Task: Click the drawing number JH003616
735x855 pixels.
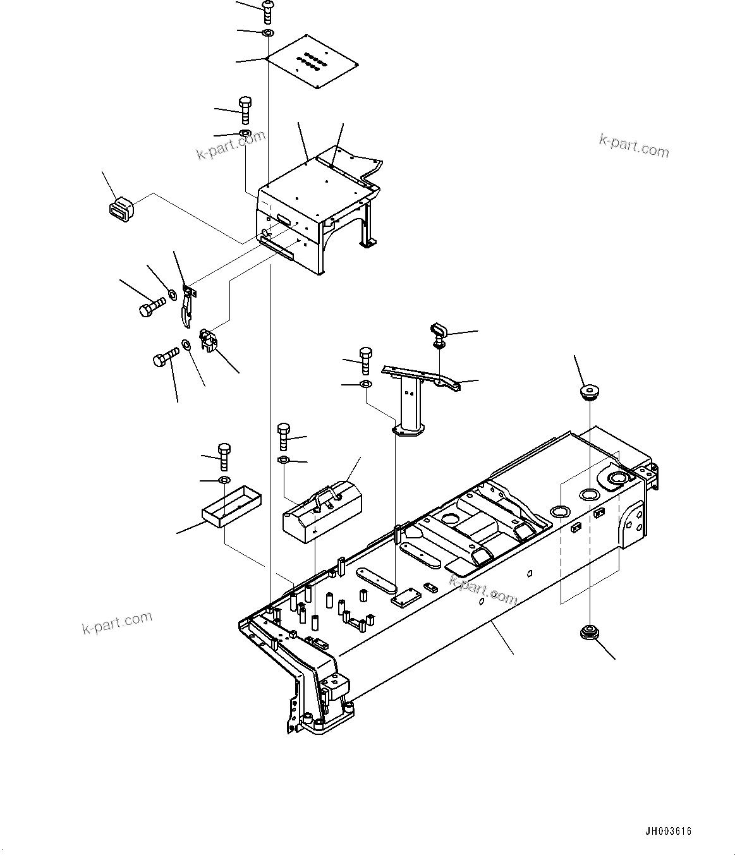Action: tap(669, 832)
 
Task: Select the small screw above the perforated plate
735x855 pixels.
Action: tap(268, 11)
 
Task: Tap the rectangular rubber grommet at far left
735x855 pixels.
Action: tap(120, 209)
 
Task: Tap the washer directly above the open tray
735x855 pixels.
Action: tap(224, 481)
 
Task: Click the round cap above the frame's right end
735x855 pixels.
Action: tap(590, 391)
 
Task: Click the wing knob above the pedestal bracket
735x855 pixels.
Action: tap(439, 332)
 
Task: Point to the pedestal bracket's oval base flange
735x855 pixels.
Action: tap(407, 432)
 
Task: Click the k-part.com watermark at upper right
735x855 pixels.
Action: tap(634, 146)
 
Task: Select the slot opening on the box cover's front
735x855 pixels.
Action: tap(284, 221)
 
